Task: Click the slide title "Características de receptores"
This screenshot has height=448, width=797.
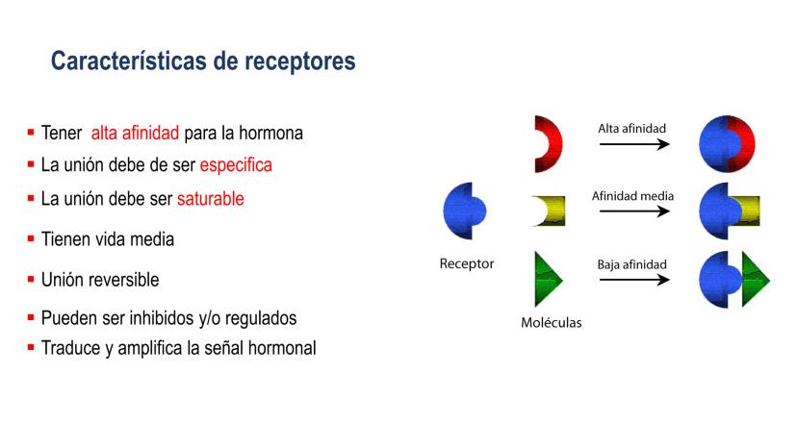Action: coord(203,62)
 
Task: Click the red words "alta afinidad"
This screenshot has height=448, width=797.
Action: coord(135,133)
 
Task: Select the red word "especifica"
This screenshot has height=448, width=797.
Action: coord(236,165)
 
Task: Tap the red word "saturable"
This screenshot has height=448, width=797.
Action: coord(211,199)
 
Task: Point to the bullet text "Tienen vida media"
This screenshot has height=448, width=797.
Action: coord(108,239)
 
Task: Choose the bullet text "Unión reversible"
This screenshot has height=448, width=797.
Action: coord(100,280)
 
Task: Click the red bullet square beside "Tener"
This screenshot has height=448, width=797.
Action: coord(31,133)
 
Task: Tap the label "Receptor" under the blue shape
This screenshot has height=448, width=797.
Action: coord(467,263)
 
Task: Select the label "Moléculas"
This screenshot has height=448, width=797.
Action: coord(551,322)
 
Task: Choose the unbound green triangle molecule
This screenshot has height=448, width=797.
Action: coord(547,280)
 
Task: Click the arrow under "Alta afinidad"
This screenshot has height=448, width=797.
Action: coord(634,144)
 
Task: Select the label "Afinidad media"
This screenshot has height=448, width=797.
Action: coord(632,196)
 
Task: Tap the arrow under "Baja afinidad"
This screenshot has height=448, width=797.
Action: coord(634,280)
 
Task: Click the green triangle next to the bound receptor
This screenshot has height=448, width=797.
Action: coord(755,280)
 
